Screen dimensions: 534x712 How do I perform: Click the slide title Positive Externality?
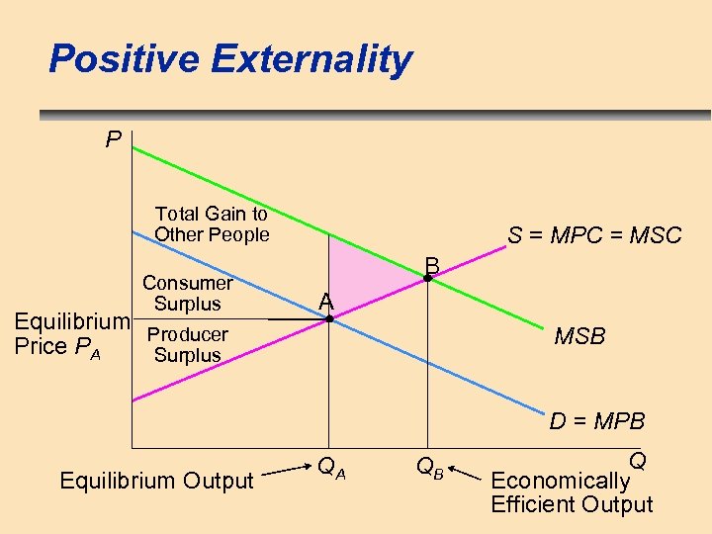(229, 59)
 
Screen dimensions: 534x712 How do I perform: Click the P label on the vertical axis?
(114, 140)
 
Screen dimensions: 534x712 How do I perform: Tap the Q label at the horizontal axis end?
(637, 462)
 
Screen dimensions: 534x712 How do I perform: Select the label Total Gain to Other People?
(212, 224)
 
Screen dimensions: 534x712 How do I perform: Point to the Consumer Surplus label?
(187, 294)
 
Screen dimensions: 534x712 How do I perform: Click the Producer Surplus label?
(187, 345)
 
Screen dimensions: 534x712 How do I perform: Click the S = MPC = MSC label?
(594, 235)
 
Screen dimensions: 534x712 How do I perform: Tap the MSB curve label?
(579, 337)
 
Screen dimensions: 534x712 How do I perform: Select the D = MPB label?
(597, 422)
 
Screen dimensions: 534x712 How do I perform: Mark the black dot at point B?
(427, 279)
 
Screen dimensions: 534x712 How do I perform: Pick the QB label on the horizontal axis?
(429, 468)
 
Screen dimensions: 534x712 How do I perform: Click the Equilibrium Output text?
(157, 482)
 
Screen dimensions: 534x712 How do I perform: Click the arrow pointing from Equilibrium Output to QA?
(287, 470)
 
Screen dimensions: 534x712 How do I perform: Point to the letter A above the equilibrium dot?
(326, 302)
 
